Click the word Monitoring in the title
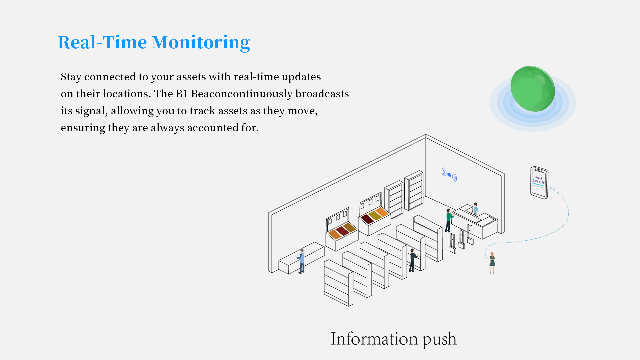(201, 43)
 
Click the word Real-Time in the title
(102, 42)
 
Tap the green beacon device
(533, 89)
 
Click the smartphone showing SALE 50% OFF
(539, 182)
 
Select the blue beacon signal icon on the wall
(449, 175)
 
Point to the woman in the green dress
(492, 263)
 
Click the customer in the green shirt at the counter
(449, 220)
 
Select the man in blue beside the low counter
(301, 261)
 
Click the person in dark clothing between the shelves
(413, 260)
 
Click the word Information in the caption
(374, 339)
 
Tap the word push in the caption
(439, 340)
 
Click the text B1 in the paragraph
(182, 94)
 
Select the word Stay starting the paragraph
(71, 77)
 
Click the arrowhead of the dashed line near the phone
(552, 190)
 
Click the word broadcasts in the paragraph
(322, 94)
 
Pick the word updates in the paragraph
(301, 77)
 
